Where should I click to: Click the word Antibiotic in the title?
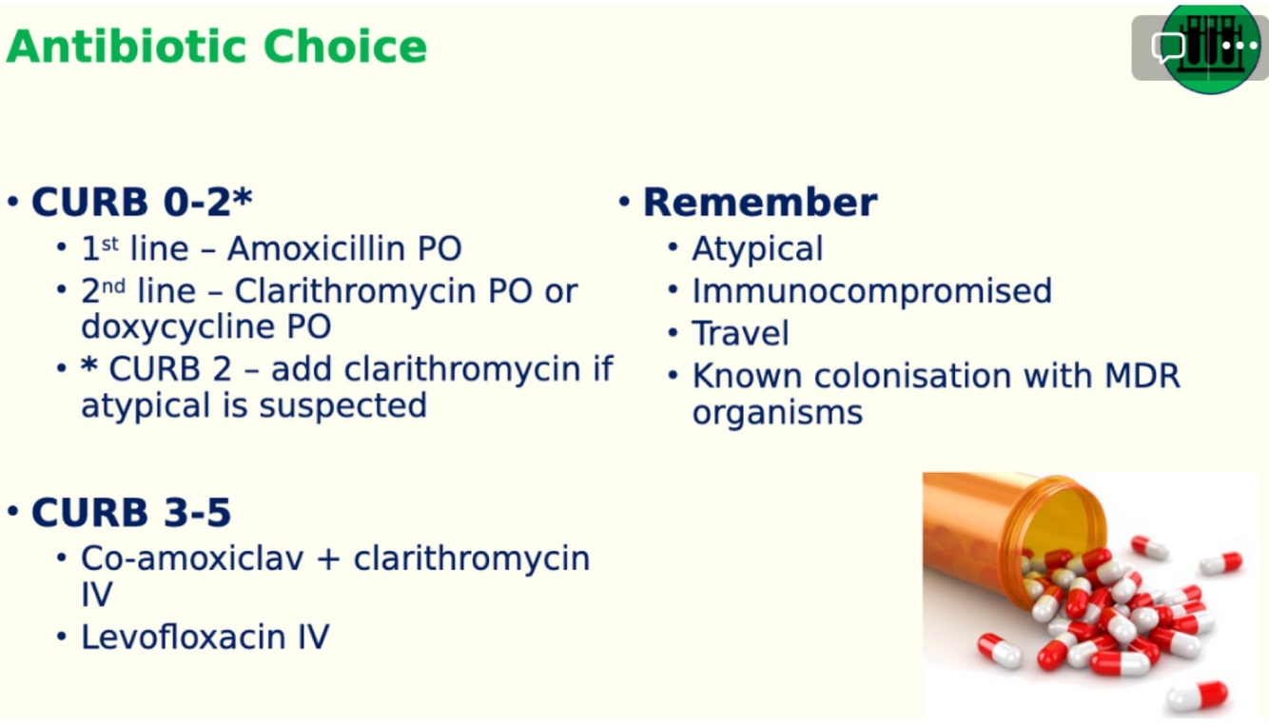[x=127, y=46]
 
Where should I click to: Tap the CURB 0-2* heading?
[x=142, y=202]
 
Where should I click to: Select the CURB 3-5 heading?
[x=131, y=512]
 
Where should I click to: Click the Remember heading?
[x=760, y=202]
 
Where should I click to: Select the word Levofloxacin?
[x=183, y=637]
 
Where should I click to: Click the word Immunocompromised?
[x=872, y=292]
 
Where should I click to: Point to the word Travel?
[x=740, y=333]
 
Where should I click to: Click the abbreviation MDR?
[x=1142, y=376]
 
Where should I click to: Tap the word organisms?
[x=777, y=413]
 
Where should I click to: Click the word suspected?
[x=342, y=406]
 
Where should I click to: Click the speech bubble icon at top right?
[x=1167, y=47]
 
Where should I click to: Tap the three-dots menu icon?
[x=1240, y=46]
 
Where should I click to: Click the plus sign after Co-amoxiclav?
[x=329, y=559]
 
